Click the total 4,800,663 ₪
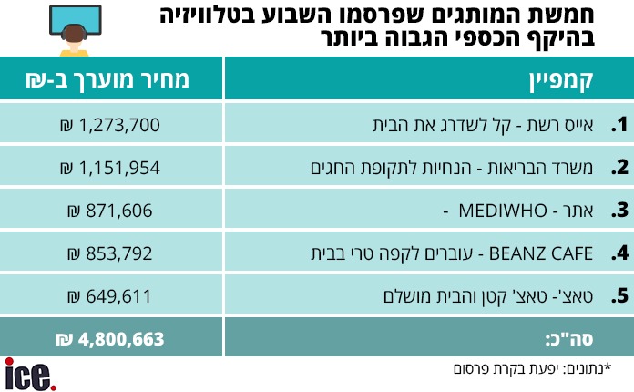pyautogui.click(x=110, y=339)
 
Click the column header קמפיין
pyautogui.click(x=561, y=79)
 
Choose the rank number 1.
pyautogui.click(x=620, y=124)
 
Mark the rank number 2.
pyautogui.click(x=620, y=167)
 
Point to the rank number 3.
pyautogui.click(x=620, y=210)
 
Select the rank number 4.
pyautogui.click(x=620, y=253)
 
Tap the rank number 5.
pyautogui.click(x=620, y=295)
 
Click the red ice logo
pyautogui.click(x=30, y=374)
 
